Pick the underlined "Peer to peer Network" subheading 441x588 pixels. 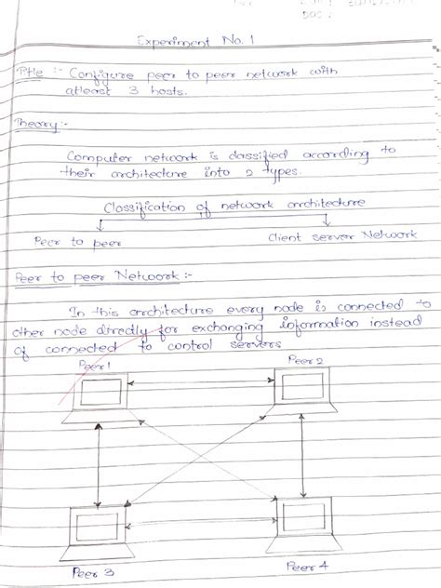[x=84, y=275]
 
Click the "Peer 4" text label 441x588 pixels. [x=307, y=565]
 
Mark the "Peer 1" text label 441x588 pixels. [x=95, y=366]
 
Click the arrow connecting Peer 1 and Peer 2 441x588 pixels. [x=200, y=382]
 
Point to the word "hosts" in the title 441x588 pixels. [x=168, y=92]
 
